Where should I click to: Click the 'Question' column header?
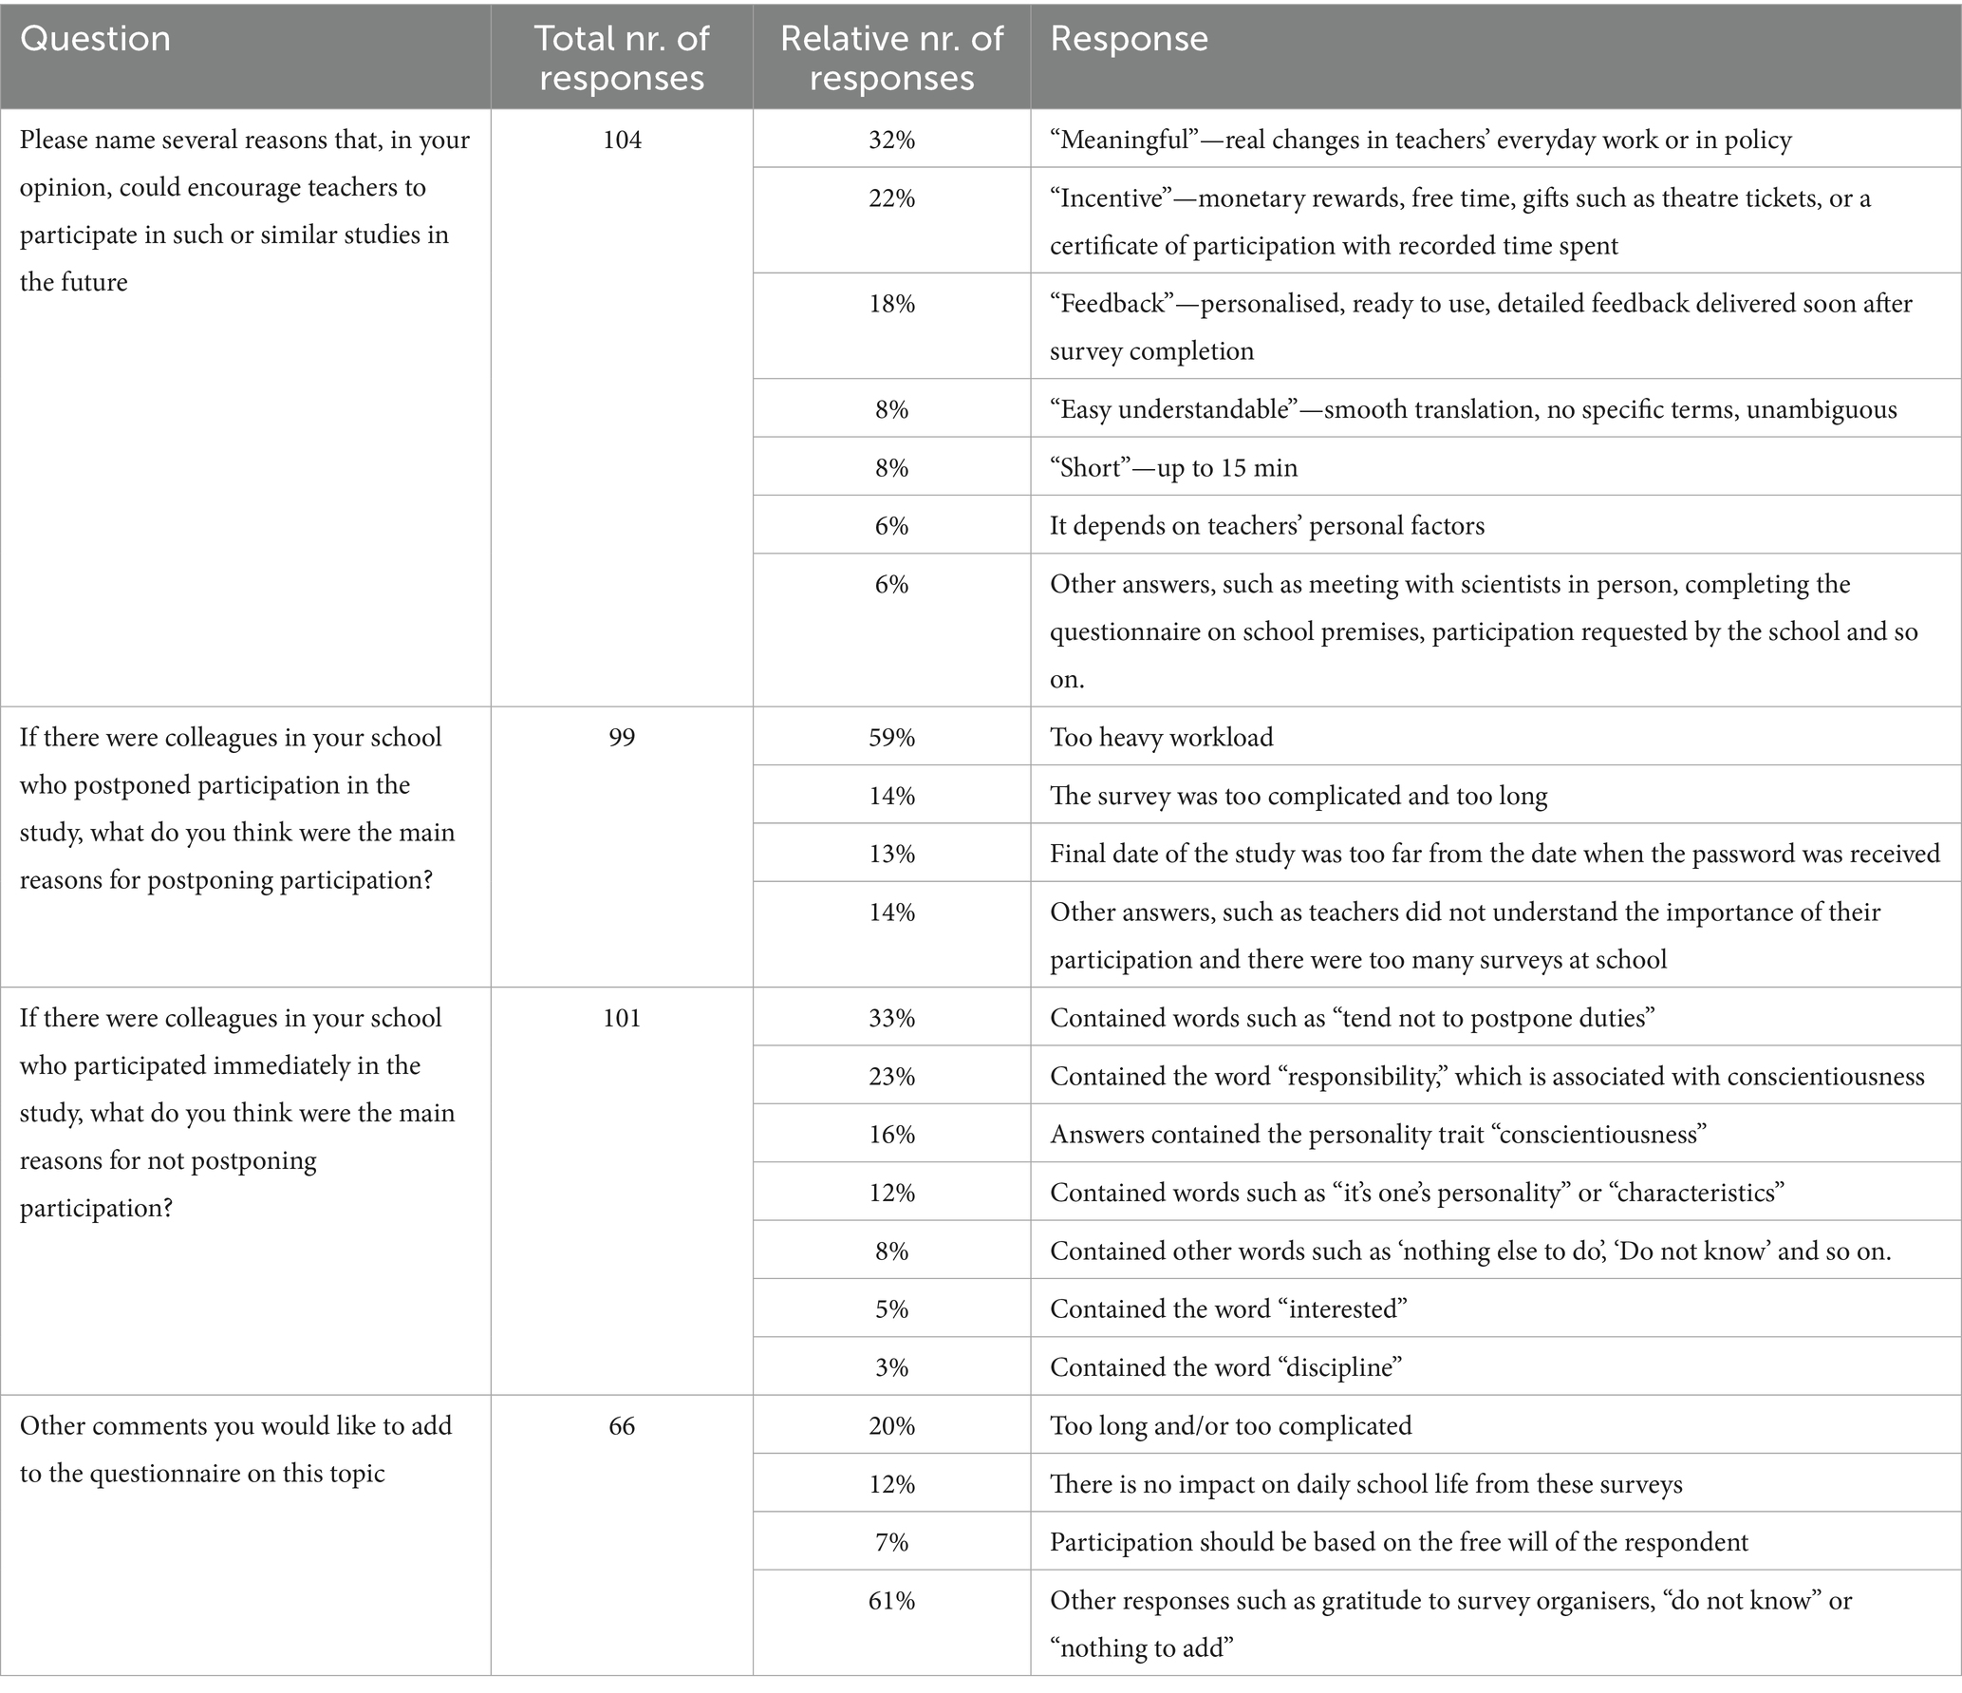95,40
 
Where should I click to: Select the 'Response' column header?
1129,40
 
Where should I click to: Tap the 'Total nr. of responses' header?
622,58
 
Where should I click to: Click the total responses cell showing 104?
622,141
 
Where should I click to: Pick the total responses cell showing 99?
622,738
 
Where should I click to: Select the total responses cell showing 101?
622,1019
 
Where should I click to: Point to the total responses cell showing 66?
622,1426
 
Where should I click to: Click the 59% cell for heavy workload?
891,738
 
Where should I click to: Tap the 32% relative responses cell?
891,141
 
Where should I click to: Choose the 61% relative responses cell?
891,1601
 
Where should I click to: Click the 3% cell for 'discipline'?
891,1367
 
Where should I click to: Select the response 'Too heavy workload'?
1161,738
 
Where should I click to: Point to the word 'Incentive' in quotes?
1111,198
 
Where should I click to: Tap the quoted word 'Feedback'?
1112,304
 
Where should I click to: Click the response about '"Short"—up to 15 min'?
1173,468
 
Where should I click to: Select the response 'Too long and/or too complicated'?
1230,1426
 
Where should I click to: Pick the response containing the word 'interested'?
1228,1309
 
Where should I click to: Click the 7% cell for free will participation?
891,1542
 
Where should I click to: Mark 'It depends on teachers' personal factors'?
1266,526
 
